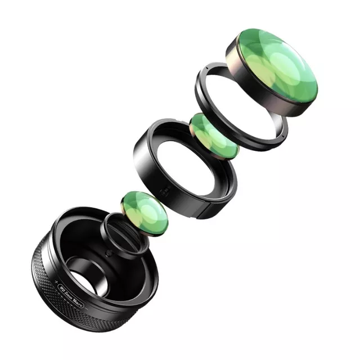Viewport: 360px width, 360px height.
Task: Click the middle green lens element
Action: click(214, 135)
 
